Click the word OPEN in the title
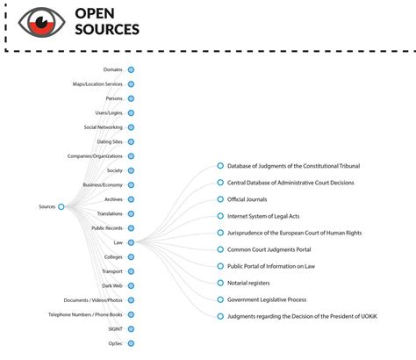97,13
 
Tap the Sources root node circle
61,206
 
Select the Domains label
112,69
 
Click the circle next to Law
131,242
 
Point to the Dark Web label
111,285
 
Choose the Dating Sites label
110,141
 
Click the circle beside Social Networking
131,127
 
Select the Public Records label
107,228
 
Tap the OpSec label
115,343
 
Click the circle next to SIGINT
131,328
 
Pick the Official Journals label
247,199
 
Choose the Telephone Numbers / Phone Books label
91,314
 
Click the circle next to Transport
131,271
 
